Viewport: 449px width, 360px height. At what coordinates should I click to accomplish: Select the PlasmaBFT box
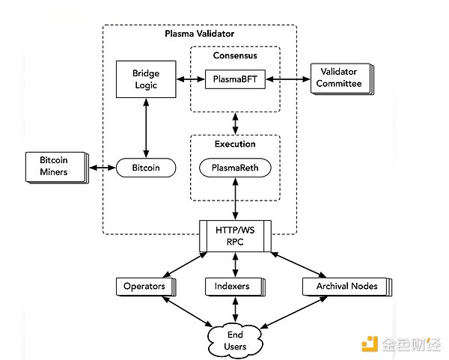[x=235, y=78]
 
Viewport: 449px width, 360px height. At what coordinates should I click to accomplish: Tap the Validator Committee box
[x=339, y=78]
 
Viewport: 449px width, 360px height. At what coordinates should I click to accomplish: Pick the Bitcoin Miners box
[x=54, y=166]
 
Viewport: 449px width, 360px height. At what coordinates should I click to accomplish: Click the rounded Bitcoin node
[x=146, y=167]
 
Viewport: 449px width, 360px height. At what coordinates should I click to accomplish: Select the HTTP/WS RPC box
[x=236, y=237]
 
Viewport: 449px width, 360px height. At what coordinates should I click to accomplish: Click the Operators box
[x=144, y=286]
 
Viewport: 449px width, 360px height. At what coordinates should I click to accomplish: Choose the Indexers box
[x=236, y=286]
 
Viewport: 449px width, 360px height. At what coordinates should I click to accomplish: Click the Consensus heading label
[x=235, y=56]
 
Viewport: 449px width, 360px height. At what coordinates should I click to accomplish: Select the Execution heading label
[x=235, y=144]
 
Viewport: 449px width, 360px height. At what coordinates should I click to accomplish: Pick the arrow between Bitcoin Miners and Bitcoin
[x=103, y=167]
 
